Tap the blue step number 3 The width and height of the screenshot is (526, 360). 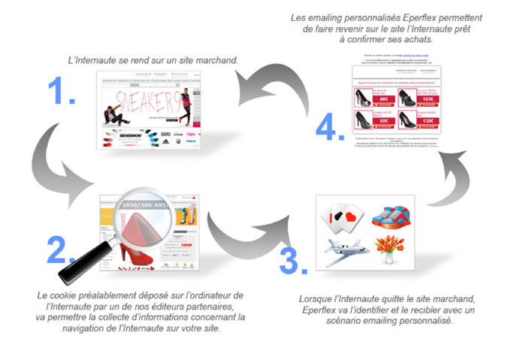pyautogui.click(x=292, y=256)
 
